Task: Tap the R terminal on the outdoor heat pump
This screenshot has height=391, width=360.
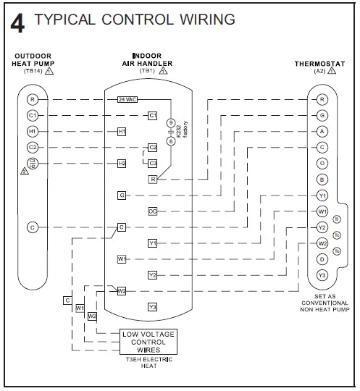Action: click(x=32, y=98)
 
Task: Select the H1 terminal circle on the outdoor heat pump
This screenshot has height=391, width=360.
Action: click(x=32, y=131)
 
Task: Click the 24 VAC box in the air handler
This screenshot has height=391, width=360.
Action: click(x=127, y=98)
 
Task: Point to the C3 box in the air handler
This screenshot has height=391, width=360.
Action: click(x=153, y=163)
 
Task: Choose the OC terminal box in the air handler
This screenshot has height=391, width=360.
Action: click(x=153, y=211)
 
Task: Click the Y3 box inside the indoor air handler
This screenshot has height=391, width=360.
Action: click(x=153, y=307)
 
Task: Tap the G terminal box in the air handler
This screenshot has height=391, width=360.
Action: click(x=122, y=195)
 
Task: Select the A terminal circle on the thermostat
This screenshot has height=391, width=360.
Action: click(x=322, y=131)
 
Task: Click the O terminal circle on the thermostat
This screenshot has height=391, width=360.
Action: click(x=322, y=163)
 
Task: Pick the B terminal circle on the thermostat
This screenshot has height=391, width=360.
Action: click(x=322, y=179)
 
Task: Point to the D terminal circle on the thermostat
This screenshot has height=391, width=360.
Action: click(x=322, y=259)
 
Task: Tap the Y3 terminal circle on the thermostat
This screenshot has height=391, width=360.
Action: click(x=322, y=275)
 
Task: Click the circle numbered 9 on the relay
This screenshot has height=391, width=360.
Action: click(x=172, y=122)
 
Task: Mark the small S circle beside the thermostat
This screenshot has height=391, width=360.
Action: click(x=336, y=219)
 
